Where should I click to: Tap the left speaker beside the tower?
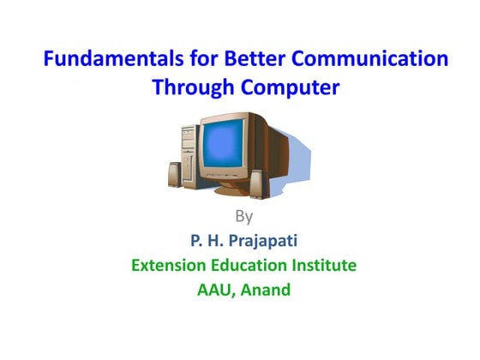(x=171, y=176)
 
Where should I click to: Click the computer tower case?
(x=190, y=154)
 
